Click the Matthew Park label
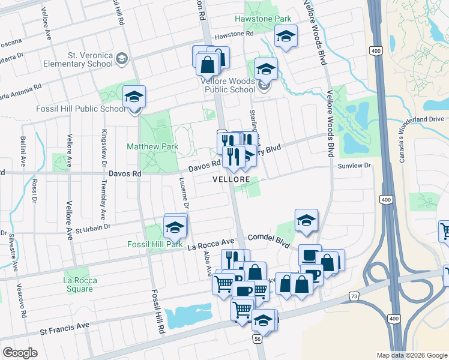click(x=152, y=146)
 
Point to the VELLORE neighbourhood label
click(x=231, y=179)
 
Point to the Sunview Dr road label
click(x=355, y=166)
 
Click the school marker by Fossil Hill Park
click(x=175, y=227)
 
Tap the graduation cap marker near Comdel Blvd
click(x=306, y=220)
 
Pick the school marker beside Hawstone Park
click(x=286, y=35)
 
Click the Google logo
click(x=20, y=353)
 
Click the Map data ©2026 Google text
click(x=412, y=355)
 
